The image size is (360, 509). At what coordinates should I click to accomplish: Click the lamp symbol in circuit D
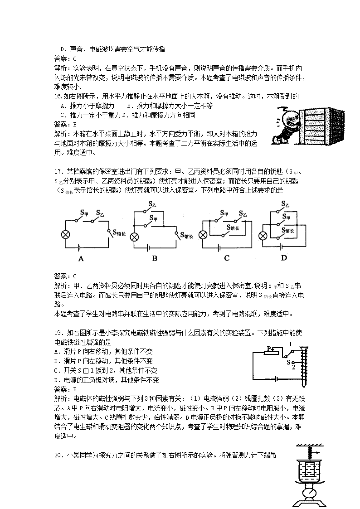coord(262,235)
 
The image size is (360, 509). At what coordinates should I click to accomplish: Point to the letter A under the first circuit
coord(81,259)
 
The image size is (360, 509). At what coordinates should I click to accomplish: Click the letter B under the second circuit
coord(154,259)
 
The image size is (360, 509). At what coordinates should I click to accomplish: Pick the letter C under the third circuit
coord(227,259)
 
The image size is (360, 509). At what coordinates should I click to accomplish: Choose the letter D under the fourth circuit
coord(284,258)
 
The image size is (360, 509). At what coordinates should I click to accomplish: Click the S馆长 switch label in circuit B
coord(187,235)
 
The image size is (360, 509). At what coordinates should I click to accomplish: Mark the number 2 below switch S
coord(294,368)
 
